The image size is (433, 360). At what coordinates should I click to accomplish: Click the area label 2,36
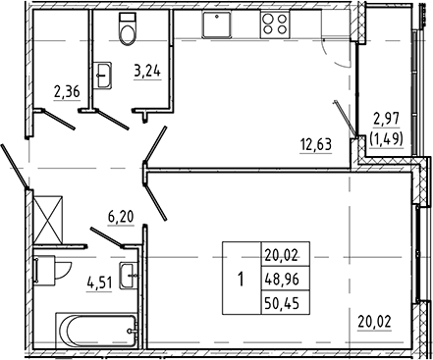tap(66, 95)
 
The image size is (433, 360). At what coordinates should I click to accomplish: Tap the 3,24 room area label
tap(146, 72)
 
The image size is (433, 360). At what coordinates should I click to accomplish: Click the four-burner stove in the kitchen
tap(274, 26)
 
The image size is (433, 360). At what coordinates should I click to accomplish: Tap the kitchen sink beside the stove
tap(216, 26)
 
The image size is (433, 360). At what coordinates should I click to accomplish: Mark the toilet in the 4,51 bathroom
tap(45, 268)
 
